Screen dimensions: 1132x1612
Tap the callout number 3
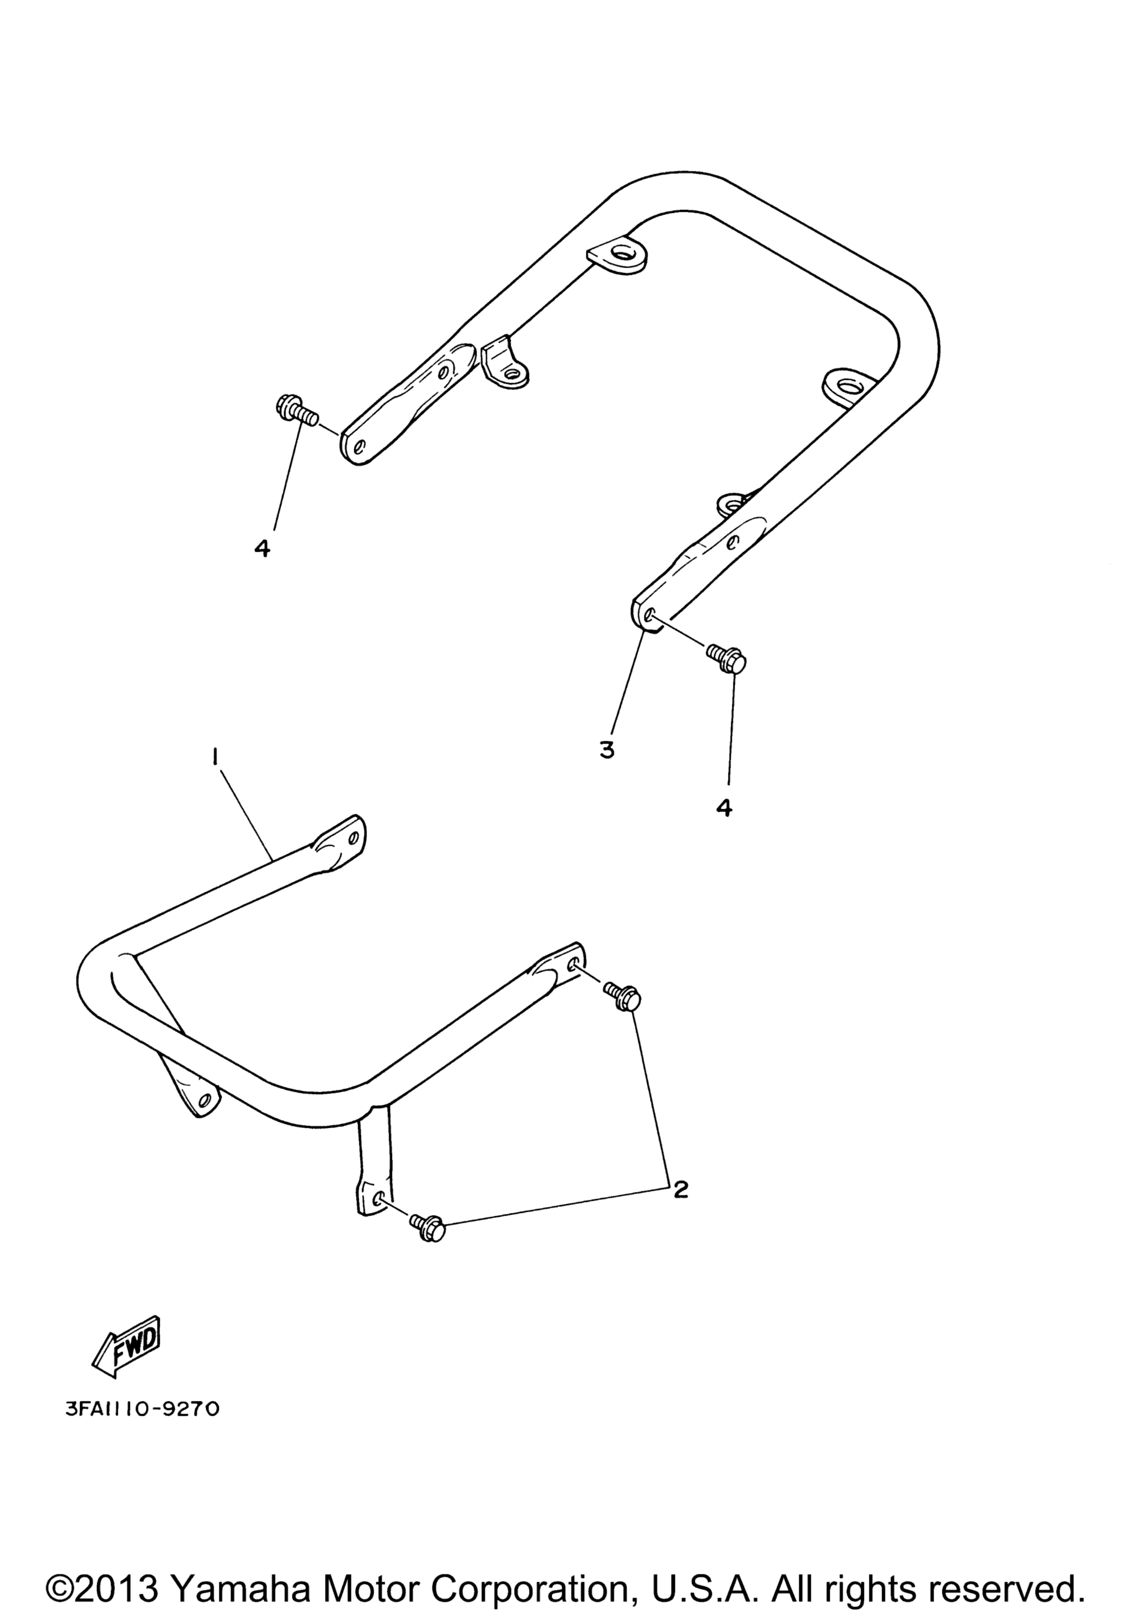coord(607,750)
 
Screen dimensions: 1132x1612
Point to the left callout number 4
coord(262,548)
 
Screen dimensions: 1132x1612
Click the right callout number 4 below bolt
coord(724,808)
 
